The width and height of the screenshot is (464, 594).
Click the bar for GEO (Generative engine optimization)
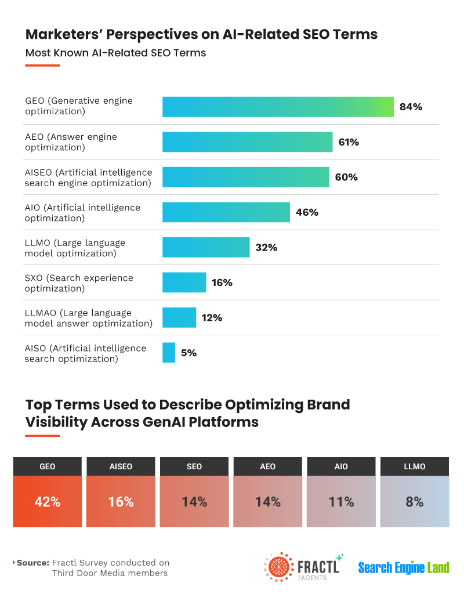pyautogui.click(x=278, y=107)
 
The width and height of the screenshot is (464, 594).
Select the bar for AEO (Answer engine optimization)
pyautogui.click(x=247, y=142)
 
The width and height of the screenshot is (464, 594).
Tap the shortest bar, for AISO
pyautogui.click(x=169, y=353)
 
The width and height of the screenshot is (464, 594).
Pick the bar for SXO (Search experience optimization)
pyautogui.click(x=184, y=282)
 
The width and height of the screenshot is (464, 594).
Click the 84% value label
pyautogui.click(x=411, y=107)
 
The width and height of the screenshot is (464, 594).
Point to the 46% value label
pyautogui.click(x=307, y=212)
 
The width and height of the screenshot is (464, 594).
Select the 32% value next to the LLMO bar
pyautogui.click(x=266, y=248)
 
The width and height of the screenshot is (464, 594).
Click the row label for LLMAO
pyautogui.click(x=88, y=318)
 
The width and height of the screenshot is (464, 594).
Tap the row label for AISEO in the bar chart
pyautogui.click(x=88, y=178)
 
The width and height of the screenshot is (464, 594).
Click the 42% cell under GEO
pyautogui.click(x=48, y=502)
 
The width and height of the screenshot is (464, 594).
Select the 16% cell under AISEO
pyautogui.click(x=121, y=502)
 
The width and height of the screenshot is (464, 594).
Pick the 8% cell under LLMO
pyautogui.click(x=414, y=502)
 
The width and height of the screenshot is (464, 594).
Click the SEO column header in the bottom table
pyautogui.click(x=194, y=466)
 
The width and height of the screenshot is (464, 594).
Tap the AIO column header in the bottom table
pyautogui.click(x=341, y=466)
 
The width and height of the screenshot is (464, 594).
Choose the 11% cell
pyautogui.click(x=341, y=502)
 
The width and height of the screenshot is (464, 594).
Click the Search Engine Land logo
pyautogui.click(x=403, y=567)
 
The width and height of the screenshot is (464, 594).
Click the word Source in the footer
pyautogui.click(x=32, y=563)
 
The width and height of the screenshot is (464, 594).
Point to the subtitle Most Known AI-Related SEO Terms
pyautogui.click(x=115, y=53)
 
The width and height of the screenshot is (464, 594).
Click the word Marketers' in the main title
pyautogui.click(x=64, y=34)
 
